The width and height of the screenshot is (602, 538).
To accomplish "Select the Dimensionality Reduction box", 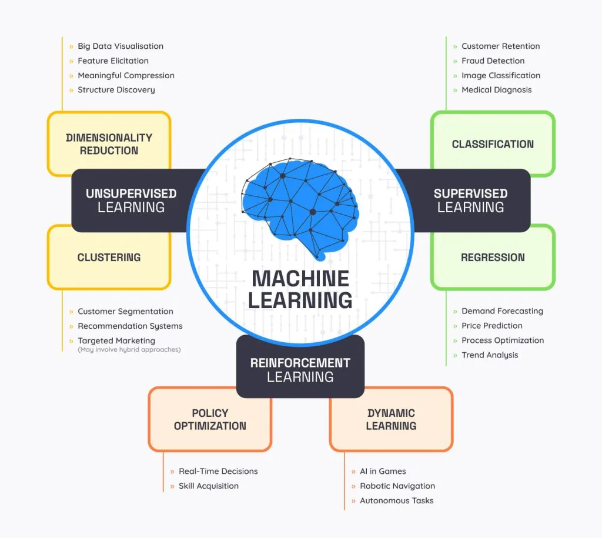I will tap(109, 143).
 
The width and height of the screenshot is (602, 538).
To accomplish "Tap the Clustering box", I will tap(109, 258).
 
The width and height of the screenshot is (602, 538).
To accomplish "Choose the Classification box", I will tap(493, 144).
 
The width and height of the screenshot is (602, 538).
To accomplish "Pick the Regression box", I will tap(493, 258).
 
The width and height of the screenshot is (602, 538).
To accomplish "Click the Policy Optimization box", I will tap(210, 419).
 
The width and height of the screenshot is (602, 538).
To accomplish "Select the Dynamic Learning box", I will tap(391, 419).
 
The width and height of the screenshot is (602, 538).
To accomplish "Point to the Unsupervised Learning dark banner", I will tap(131, 201).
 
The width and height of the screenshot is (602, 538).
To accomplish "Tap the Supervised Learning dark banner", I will tap(470, 201).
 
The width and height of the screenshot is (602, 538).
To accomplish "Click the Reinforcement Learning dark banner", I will tap(300, 370).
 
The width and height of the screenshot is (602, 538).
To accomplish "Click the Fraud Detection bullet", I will tap(493, 61).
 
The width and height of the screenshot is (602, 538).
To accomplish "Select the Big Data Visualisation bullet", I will tap(121, 46).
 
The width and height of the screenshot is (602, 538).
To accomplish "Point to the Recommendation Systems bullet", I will tap(130, 326).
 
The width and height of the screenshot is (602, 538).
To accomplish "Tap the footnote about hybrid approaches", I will tap(129, 349).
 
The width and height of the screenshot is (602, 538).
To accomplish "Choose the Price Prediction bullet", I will tap(491, 325).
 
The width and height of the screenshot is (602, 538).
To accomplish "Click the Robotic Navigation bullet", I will tap(397, 486).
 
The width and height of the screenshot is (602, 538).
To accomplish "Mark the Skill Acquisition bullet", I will tap(209, 486).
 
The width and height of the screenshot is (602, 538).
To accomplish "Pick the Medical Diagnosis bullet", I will tap(496, 90).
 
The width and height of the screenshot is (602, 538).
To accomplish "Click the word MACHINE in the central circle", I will tap(300, 279).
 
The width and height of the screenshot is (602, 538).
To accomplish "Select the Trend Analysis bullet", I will tap(490, 355).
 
